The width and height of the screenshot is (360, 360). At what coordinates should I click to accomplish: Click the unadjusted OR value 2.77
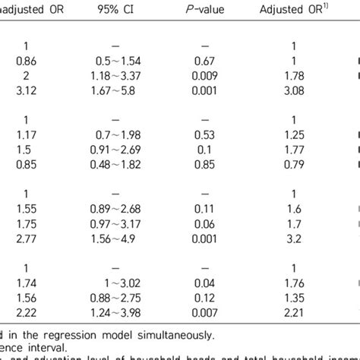23,240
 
